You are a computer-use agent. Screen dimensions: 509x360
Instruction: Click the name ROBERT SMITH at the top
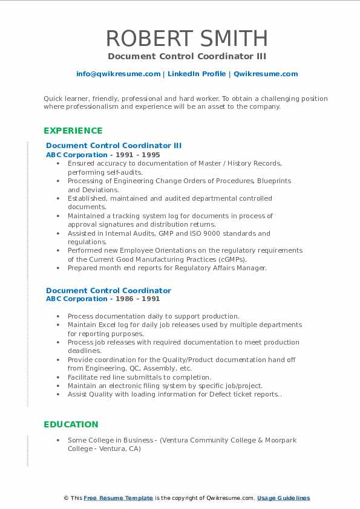(186, 38)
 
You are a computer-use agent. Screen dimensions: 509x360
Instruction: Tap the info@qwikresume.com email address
(118, 74)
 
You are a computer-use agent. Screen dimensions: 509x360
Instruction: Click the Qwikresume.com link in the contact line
(266, 74)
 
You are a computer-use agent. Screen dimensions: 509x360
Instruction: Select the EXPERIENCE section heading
(73, 131)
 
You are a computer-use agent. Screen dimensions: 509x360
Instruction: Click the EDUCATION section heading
(71, 424)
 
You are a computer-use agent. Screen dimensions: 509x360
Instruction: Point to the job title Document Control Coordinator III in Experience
(114, 146)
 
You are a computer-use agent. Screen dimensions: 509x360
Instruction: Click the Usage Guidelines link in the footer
(283, 498)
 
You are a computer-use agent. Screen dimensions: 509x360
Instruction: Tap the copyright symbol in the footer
(67, 498)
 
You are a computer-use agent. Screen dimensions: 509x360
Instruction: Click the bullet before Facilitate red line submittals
(57, 377)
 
